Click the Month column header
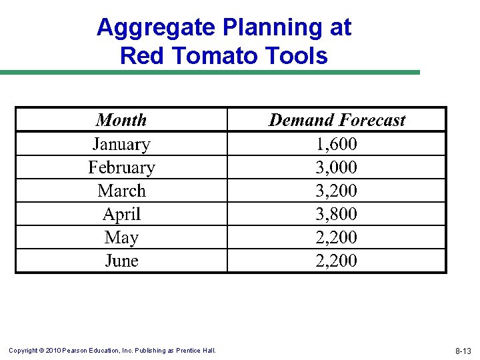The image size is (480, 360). pos(121,120)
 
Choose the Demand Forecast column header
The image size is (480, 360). pos(337,120)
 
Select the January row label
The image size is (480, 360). pos(121,144)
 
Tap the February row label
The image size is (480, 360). pos(121,167)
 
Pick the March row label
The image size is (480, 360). pos(121,191)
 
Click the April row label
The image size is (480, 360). pos(121,214)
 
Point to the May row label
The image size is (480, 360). pos(121,238)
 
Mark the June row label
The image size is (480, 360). pos(121,261)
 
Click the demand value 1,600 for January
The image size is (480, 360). pos(337,144)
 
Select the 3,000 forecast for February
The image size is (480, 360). pos(337,167)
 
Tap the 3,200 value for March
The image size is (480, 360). pos(337,191)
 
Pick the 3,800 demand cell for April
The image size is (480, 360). pos(337,214)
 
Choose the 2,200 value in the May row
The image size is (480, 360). pos(337,237)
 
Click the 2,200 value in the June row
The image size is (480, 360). pos(337,261)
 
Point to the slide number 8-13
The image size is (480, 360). pos(463,351)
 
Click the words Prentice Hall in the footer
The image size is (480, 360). pos(196,351)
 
